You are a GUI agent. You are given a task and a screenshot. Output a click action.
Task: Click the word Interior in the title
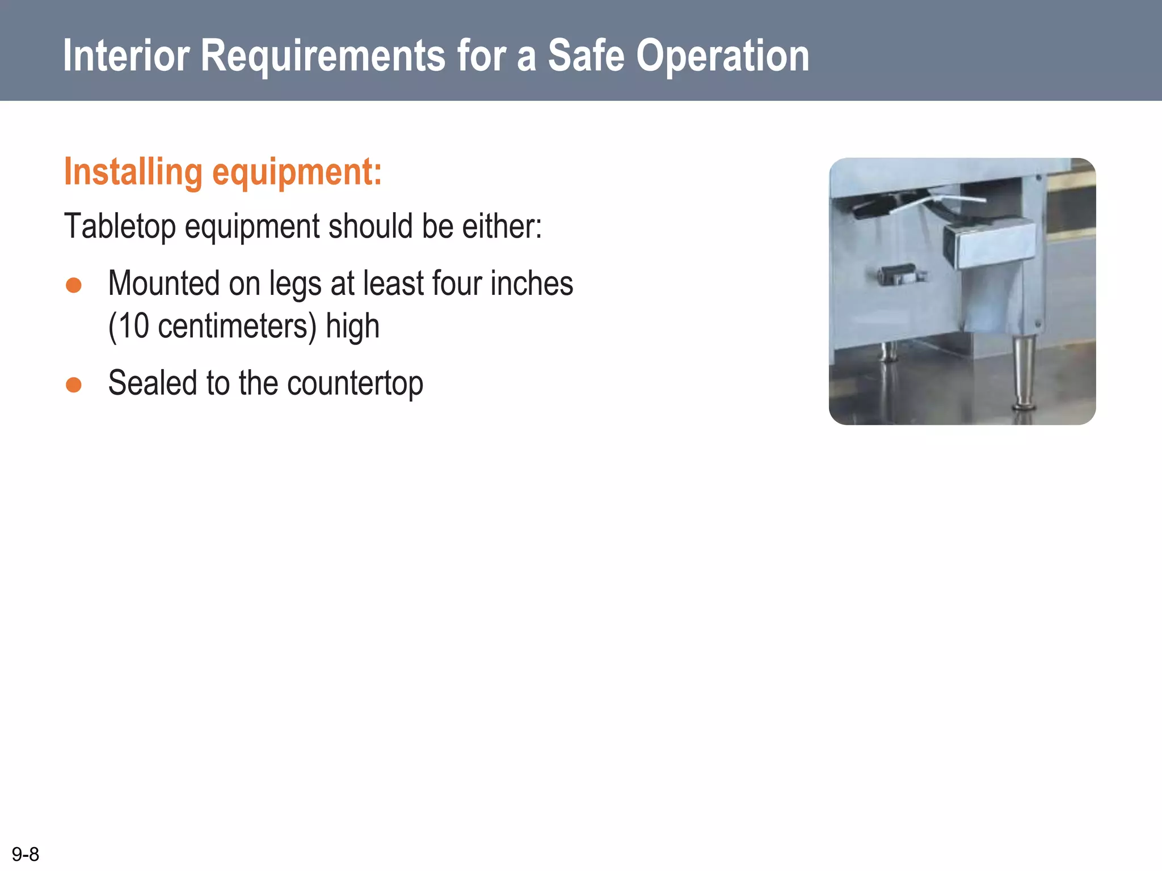click(126, 56)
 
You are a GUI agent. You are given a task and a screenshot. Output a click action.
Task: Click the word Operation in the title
click(722, 56)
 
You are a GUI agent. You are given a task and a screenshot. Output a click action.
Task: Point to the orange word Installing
click(133, 172)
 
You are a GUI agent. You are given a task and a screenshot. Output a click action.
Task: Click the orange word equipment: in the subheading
click(297, 172)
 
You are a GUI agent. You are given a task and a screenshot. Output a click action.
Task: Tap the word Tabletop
click(120, 226)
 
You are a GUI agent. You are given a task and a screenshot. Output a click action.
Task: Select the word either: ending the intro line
click(502, 226)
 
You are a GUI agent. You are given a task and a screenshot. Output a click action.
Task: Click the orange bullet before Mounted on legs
click(74, 285)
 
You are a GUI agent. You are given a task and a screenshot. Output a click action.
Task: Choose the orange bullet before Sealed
click(74, 384)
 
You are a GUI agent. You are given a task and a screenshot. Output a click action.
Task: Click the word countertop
click(355, 383)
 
